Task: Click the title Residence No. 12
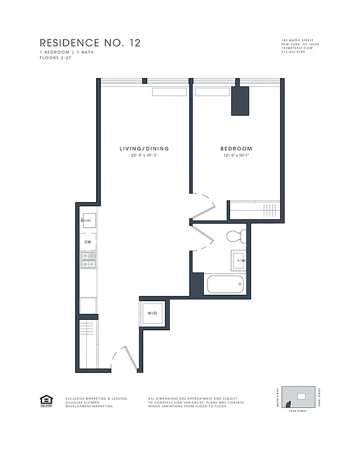point(90,43)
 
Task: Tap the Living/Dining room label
point(144,149)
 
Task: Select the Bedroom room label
point(236,149)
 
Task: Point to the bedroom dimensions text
point(236,156)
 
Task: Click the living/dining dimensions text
point(144,156)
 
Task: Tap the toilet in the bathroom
point(236,236)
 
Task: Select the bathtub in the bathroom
point(225,285)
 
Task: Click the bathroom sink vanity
point(239,259)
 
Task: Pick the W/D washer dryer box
point(153,313)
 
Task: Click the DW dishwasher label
point(88,241)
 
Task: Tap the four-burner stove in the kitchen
point(88,260)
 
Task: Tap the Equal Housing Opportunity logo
point(45,400)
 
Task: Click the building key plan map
point(297,398)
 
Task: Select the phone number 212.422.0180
point(297,54)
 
